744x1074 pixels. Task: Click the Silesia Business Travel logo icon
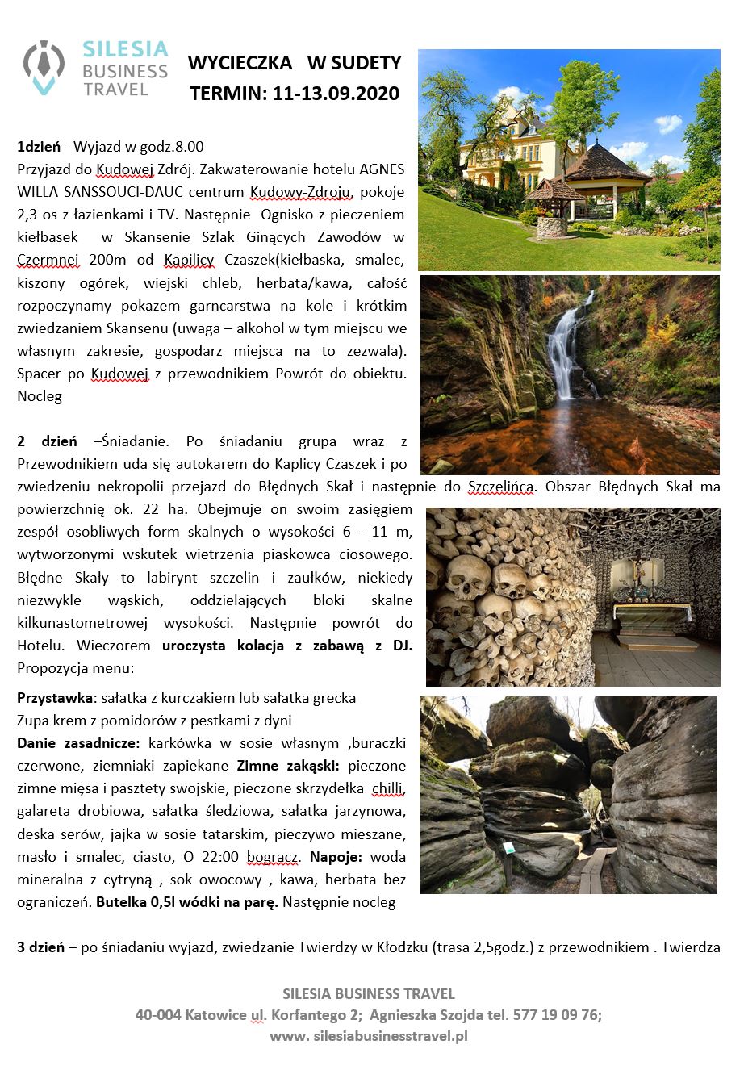44,68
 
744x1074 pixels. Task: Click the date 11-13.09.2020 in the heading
336,94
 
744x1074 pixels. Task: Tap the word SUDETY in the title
368,63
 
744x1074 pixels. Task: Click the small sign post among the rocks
509,849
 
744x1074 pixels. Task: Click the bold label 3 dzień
40,947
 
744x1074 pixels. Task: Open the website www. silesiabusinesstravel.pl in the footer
369,1036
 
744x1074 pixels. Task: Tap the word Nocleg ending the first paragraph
40,395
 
